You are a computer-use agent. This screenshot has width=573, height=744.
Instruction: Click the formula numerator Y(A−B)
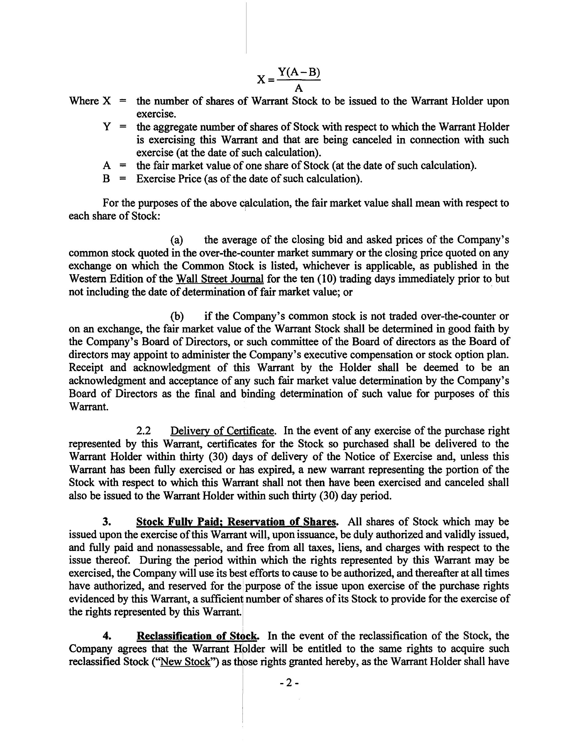299,72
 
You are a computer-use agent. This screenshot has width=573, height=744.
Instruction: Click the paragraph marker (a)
177,240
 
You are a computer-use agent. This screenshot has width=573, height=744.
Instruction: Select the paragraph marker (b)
177,317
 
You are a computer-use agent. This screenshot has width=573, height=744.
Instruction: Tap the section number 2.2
144,431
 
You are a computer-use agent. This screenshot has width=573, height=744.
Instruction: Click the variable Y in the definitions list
107,127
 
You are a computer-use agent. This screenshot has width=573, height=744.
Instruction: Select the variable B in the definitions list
106,179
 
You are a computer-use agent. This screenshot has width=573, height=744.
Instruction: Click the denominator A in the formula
299,88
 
